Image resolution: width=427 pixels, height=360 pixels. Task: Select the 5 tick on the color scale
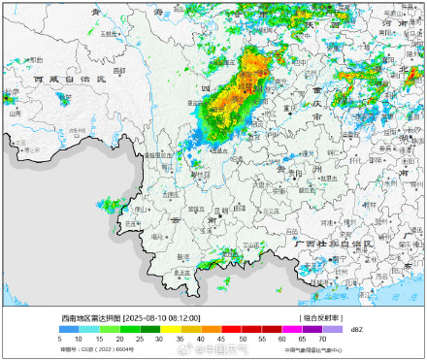pyautogui.click(x=59, y=339)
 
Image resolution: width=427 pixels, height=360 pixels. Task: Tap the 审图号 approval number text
pyautogui.click(x=83, y=350)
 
